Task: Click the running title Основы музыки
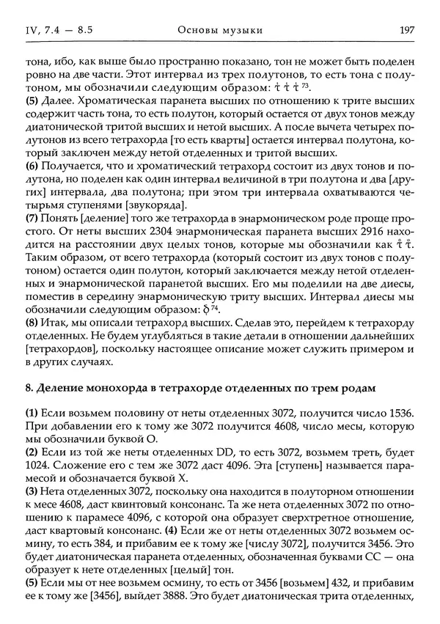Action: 220,29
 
